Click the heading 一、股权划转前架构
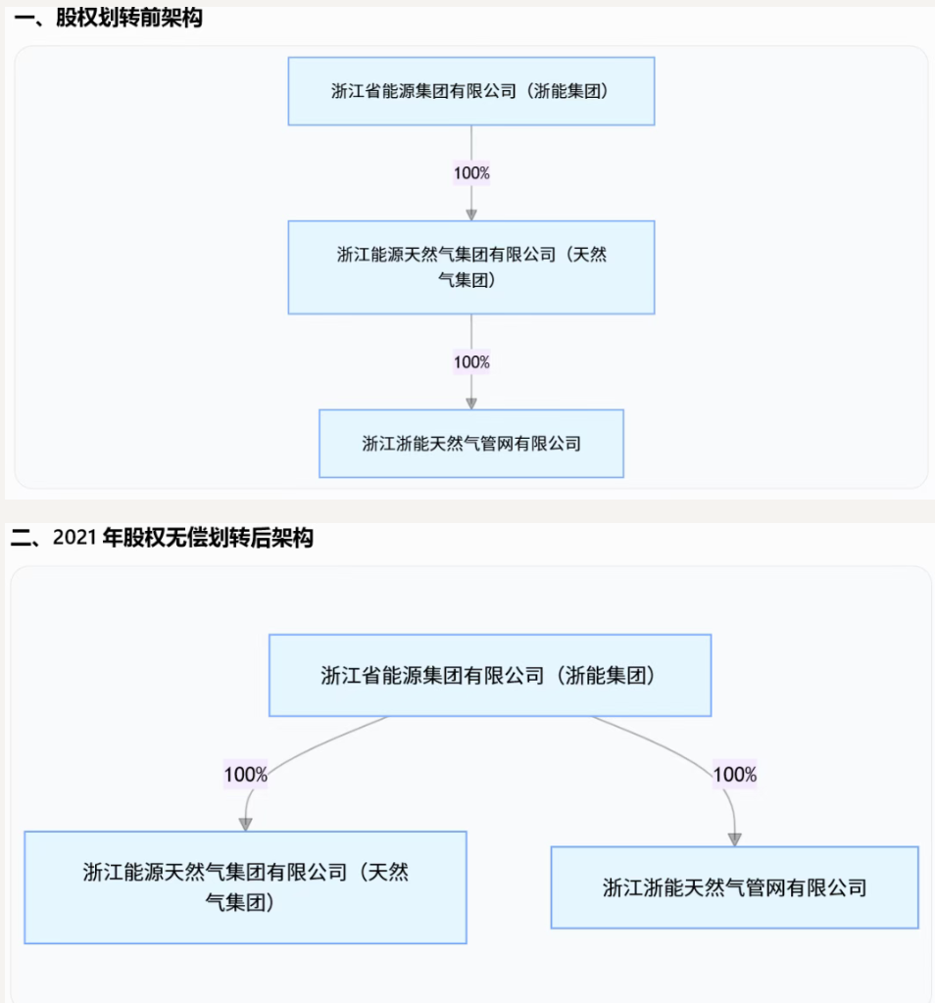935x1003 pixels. [x=108, y=18]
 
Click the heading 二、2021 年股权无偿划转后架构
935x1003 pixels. [x=162, y=538]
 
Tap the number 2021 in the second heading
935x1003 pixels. [x=74, y=538]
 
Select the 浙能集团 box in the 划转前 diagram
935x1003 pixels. [x=471, y=91]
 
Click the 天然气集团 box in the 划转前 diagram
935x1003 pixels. [x=471, y=267]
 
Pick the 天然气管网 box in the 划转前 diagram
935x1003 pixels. [x=471, y=444]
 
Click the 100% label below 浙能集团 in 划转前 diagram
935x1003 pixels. [x=471, y=172]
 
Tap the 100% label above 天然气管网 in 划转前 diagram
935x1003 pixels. [x=471, y=362]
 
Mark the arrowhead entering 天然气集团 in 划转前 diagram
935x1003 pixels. [x=471, y=215]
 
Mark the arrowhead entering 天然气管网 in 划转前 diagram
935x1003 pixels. [x=471, y=403]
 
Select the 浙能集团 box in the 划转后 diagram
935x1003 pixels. [x=490, y=675]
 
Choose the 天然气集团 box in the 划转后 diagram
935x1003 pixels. [x=245, y=887]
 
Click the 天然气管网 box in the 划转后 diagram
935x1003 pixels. [x=735, y=887]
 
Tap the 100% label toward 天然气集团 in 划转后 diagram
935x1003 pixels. [x=246, y=775]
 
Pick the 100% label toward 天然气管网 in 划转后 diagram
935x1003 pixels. [x=735, y=775]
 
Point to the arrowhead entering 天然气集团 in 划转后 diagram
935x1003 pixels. [x=246, y=824]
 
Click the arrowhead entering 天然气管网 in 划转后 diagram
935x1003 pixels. [x=735, y=839]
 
